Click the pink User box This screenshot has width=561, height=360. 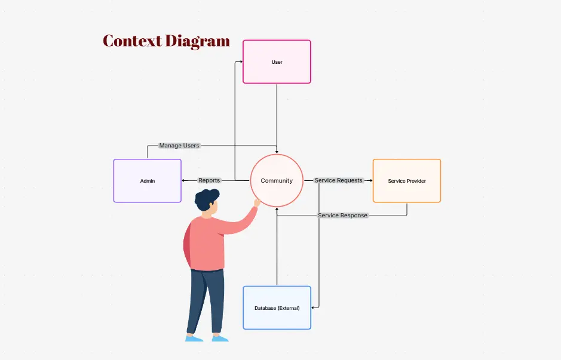(x=277, y=61)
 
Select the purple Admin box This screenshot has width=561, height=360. (x=147, y=180)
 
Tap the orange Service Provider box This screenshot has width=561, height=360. (x=406, y=180)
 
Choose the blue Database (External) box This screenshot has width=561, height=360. (x=277, y=307)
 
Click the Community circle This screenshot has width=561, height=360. (x=277, y=180)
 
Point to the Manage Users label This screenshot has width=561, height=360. (x=179, y=145)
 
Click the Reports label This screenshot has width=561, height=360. (x=209, y=180)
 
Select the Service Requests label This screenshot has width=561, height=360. (x=338, y=180)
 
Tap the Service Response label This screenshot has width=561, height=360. (x=343, y=215)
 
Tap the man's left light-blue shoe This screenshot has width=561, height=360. (x=194, y=338)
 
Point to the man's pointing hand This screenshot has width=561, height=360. (x=257, y=202)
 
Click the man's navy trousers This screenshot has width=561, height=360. (x=206, y=299)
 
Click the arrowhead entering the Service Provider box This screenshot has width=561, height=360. (x=370, y=180)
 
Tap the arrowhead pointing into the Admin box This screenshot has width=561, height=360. (x=183, y=180)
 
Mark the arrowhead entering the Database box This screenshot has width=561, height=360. (x=314, y=307)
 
